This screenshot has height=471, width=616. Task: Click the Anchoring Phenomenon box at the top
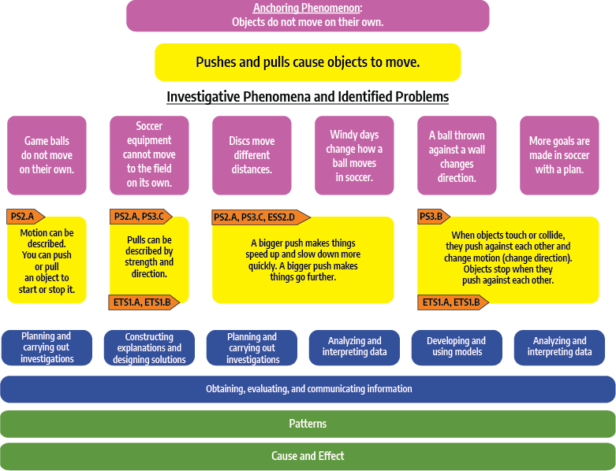click(308, 16)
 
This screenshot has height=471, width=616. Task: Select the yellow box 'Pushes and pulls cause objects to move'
click(308, 62)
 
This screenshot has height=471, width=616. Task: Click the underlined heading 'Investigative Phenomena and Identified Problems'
click(308, 97)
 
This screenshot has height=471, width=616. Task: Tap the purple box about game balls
click(47, 155)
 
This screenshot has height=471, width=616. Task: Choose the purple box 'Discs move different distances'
click(252, 155)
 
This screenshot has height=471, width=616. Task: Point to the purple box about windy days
click(354, 155)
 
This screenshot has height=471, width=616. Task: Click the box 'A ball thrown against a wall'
click(457, 155)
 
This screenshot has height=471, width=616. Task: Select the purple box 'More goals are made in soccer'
click(559, 155)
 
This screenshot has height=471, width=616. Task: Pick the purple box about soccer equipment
click(149, 155)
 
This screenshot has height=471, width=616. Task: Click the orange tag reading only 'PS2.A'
click(24, 217)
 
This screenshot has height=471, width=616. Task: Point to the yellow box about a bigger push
click(303, 260)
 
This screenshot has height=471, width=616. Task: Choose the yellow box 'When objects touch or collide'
click(508, 258)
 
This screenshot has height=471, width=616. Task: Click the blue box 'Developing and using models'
click(457, 347)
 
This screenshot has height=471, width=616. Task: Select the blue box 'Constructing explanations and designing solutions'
click(149, 347)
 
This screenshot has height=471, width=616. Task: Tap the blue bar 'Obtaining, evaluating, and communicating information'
click(308, 389)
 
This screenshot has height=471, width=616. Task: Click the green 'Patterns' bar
click(308, 424)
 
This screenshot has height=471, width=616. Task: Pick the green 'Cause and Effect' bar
click(308, 456)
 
